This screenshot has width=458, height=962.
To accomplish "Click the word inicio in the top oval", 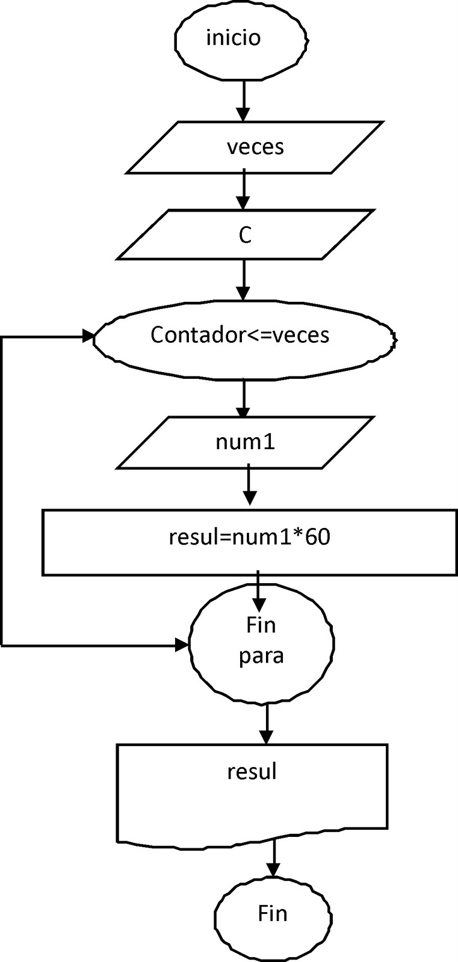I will pyautogui.click(x=234, y=38).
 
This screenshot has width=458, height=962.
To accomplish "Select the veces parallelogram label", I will pyautogui.click(x=255, y=147).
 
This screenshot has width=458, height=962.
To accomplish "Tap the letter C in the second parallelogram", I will pyautogui.click(x=244, y=236).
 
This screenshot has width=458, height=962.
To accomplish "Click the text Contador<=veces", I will pyautogui.click(x=240, y=334).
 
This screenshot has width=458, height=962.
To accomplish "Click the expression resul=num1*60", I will pyautogui.click(x=249, y=538).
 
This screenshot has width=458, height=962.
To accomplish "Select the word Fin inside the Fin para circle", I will pyautogui.click(x=261, y=625).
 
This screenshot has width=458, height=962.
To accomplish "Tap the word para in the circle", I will pyautogui.click(x=261, y=655).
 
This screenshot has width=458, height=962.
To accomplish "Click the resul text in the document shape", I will pyautogui.click(x=252, y=771).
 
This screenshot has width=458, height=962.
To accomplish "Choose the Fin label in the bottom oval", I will pyautogui.click(x=273, y=914).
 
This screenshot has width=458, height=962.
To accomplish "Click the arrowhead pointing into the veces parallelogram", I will pyautogui.click(x=243, y=114).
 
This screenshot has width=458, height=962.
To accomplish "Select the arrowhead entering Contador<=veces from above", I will pyautogui.click(x=243, y=293).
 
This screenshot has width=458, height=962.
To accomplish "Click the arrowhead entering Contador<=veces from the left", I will pyautogui.click(x=88, y=338).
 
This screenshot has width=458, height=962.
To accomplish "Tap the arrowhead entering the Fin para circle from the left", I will pyautogui.click(x=182, y=645).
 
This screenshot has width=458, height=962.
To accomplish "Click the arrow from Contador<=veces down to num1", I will pyautogui.click(x=243, y=400).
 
